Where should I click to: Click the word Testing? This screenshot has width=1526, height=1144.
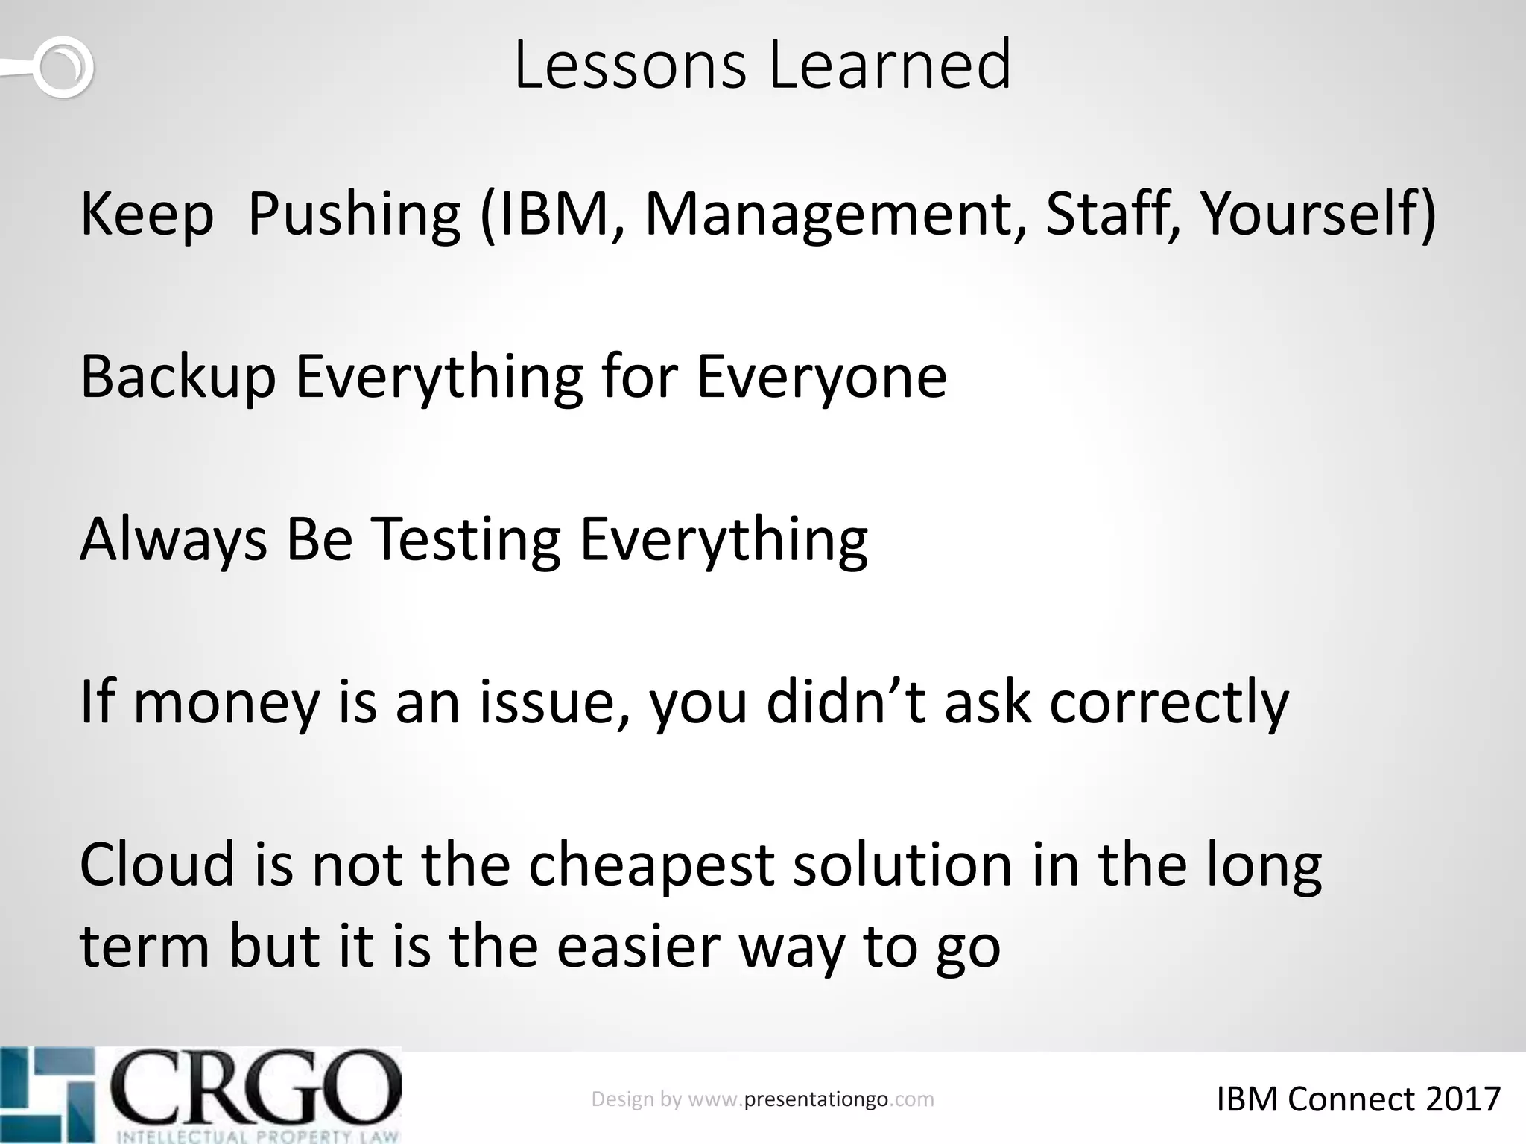click(465, 541)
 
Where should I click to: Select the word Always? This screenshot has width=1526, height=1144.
click(173, 541)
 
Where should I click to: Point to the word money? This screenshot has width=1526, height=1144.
click(226, 704)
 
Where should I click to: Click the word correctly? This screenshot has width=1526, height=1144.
click(1168, 704)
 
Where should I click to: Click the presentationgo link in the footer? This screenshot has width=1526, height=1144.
click(815, 1099)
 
